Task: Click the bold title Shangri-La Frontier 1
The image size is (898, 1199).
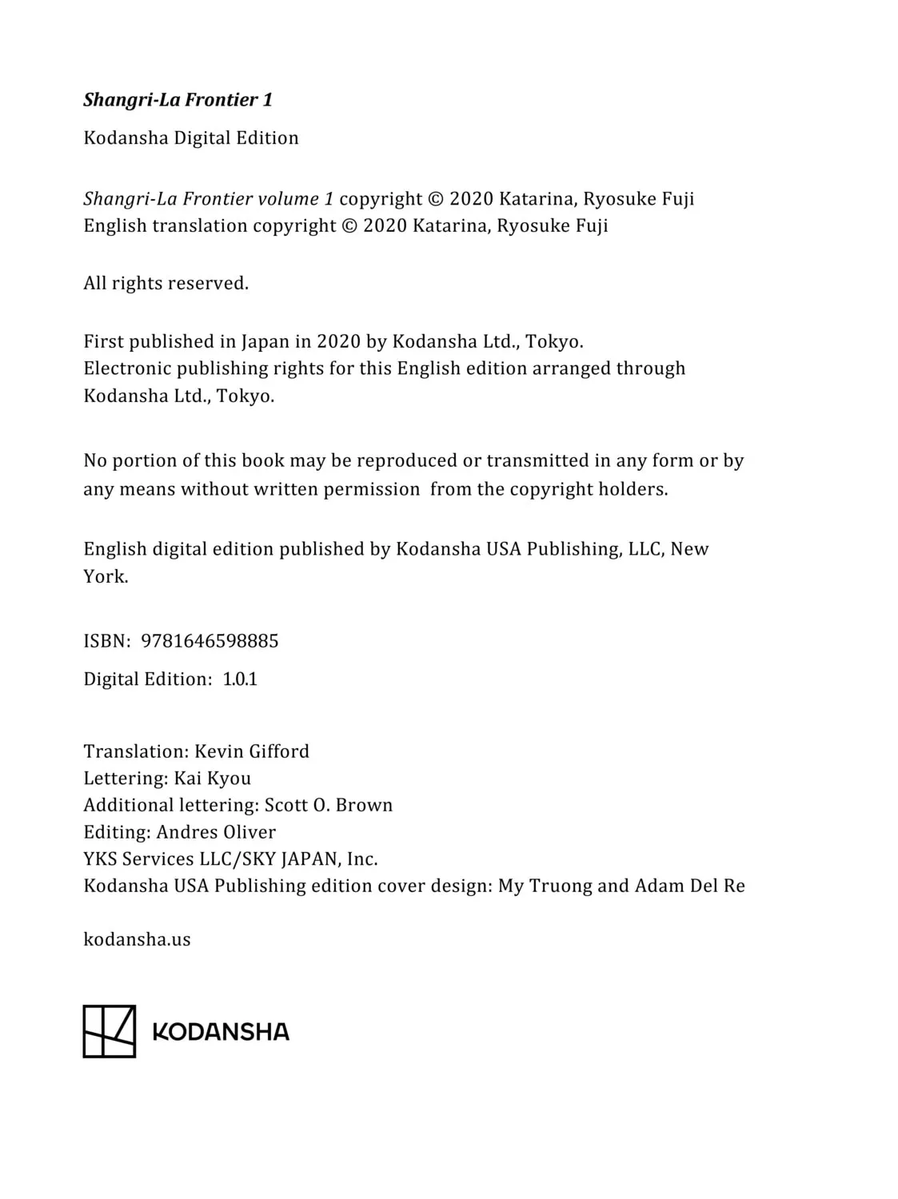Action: point(178,100)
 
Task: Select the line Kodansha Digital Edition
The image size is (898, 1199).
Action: point(190,137)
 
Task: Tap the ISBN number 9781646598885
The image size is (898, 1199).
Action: point(210,641)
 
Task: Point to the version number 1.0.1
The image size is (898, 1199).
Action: point(240,679)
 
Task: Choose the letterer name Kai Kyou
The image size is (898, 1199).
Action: point(213,779)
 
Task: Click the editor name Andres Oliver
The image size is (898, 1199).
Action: point(216,832)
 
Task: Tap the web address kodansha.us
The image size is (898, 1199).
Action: point(137,939)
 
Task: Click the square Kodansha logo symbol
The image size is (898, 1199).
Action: point(110,1031)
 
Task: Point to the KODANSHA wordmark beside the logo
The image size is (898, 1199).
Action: point(221,1032)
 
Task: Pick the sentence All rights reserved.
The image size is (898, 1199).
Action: point(166,283)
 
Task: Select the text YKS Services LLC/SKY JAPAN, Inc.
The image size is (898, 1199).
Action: point(230,859)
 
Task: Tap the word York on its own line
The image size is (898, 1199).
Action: point(105,576)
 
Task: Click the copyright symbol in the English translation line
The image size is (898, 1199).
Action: point(349,225)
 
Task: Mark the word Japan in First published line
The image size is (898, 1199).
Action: point(265,341)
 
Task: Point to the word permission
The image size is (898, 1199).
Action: point(371,489)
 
